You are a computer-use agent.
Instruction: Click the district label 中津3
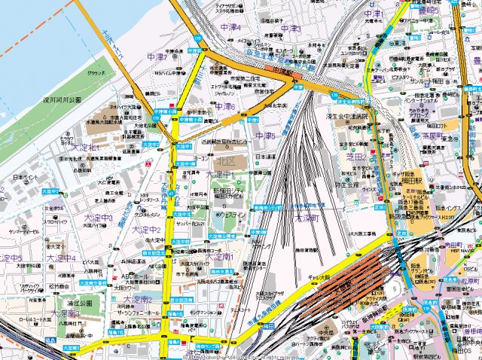tap(290, 29)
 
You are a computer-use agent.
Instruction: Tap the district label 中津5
tap(265, 136)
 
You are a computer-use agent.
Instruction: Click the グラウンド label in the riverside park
tap(96, 73)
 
